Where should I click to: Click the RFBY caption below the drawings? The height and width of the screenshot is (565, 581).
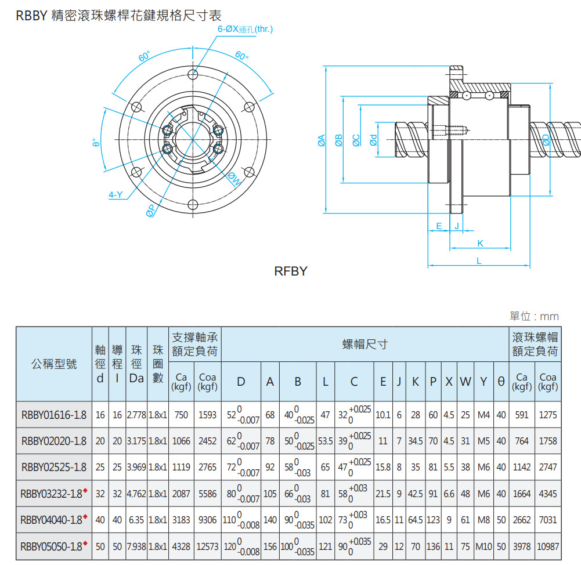point(290,271)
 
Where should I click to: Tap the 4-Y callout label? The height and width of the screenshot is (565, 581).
point(116,195)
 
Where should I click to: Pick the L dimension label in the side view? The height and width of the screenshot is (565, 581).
point(479,261)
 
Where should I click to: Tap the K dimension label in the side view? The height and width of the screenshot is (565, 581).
point(480,243)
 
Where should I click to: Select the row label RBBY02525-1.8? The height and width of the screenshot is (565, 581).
point(53,467)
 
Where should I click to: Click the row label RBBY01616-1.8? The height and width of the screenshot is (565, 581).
point(53,415)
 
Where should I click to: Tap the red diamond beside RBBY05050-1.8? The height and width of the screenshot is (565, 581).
point(85,543)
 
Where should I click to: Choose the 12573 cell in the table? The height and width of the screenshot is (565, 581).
point(207,546)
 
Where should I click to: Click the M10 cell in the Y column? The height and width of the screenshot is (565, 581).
point(483,546)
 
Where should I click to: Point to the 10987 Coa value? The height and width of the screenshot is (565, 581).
point(548,546)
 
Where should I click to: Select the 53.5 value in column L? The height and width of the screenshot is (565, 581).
point(325,441)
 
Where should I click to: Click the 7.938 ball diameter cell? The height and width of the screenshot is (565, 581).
point(136,546)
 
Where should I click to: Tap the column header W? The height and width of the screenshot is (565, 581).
point(465,381)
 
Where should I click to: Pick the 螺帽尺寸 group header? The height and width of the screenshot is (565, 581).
point(365,344)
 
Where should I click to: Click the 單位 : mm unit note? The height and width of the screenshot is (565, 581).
point(534,316)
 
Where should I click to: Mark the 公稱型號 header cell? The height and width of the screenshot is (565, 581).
point(53,364)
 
